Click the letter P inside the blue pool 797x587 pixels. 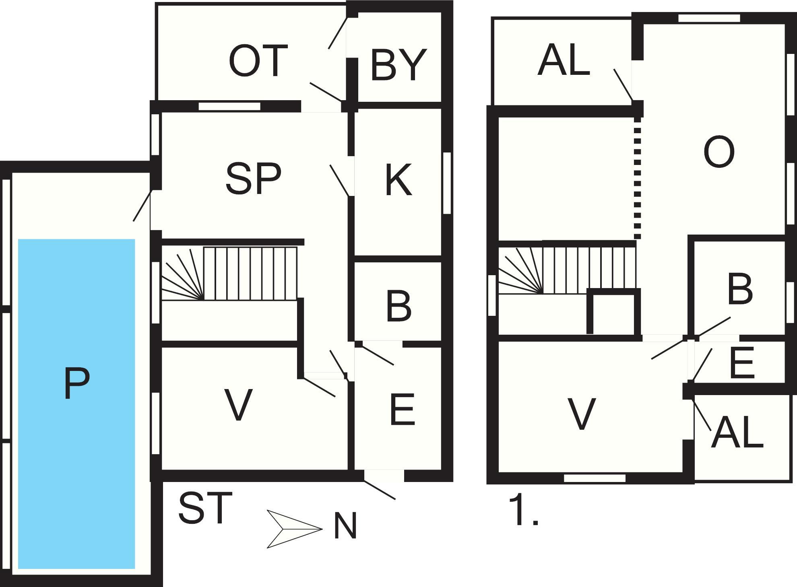tap(76, 384)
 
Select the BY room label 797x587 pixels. tap(398, 64)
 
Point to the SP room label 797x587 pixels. tap(253, 179)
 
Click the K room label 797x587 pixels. tap(398, 180)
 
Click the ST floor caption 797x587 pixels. tap(205, 508)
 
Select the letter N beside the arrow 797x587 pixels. tap(345, 526)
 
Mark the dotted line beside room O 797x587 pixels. tap(637, 178)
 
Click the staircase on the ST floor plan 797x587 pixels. tap(229, 274)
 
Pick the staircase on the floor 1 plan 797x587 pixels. tap(567, 270)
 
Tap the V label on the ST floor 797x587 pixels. tap(238, 405)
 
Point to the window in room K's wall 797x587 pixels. tap(447, 183)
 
